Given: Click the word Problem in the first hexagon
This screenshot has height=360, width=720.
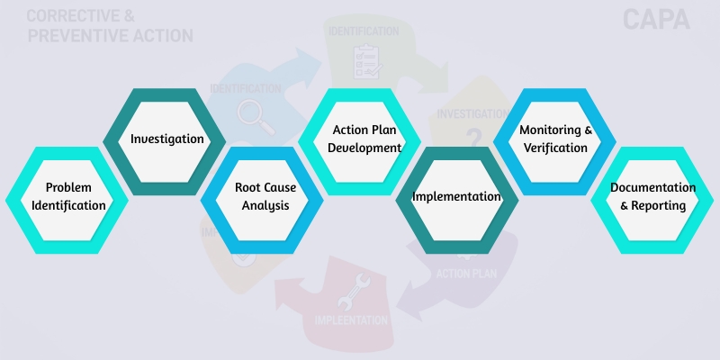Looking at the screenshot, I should (x=68, y=187).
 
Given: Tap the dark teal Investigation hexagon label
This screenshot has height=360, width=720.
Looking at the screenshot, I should (x=166, y=139).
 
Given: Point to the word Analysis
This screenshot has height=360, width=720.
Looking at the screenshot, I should (x=265, y=205).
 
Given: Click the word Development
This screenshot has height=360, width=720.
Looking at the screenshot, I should (x=364, y=148).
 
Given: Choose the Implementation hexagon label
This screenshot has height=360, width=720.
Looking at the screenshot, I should (x=456, y=196).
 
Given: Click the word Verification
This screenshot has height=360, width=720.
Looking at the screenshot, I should (x=556, y=148).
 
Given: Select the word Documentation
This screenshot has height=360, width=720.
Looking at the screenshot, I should (x=652, y=187).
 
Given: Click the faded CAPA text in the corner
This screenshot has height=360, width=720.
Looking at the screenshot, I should (x=656, y=20).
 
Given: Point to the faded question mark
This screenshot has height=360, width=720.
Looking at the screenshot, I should (x=473, y=137).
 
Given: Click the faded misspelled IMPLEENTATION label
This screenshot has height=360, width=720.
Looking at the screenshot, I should (x=351, y=320).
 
